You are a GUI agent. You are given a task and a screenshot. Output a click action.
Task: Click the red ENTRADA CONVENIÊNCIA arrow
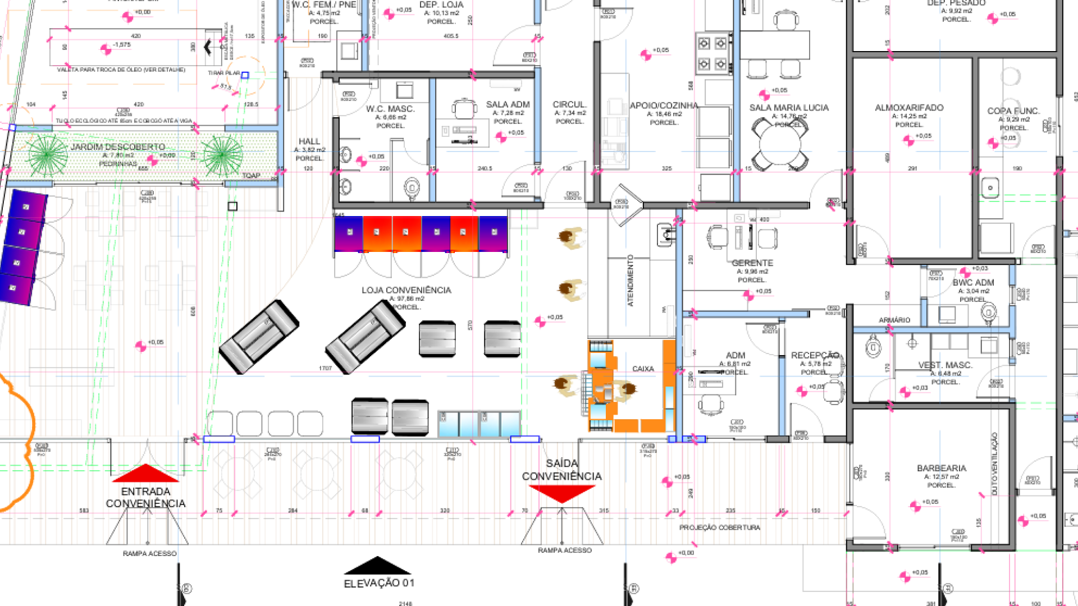coord(145,474)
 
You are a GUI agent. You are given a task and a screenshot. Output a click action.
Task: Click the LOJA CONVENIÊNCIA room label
coord(406,290)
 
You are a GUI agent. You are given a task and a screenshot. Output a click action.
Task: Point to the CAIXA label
coord(643,369)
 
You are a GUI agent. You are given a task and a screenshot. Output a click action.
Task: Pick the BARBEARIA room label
coord(941,468)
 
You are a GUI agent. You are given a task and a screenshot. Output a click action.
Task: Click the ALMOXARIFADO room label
coord(909,108)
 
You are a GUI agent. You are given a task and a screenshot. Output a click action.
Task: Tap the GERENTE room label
coord(752,263)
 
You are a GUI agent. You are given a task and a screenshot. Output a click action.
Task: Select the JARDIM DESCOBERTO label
coord(118,147)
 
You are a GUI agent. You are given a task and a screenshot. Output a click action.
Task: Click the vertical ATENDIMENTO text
coord(630,281)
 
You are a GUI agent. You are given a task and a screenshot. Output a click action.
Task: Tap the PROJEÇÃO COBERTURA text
coord(719,527)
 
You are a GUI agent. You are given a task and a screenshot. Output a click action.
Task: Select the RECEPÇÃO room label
coord(814,355)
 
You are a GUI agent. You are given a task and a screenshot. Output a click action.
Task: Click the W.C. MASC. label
coord(390,109)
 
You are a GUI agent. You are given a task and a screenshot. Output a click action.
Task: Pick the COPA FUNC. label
coord(1013,111)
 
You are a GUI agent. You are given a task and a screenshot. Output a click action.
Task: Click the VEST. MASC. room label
coord(945,365)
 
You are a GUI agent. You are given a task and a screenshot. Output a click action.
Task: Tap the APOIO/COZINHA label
coord(664,105)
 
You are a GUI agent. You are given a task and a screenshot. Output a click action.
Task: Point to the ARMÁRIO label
coord(894,320)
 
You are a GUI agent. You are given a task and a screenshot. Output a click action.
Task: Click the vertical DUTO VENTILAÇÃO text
coord(994,463)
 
